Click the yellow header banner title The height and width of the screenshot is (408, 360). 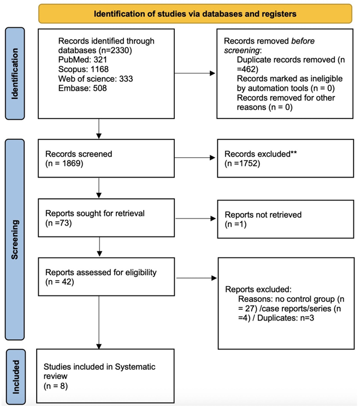[195, 14]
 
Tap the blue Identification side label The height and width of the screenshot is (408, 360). [15, 74]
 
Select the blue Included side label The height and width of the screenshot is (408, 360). [16, 377]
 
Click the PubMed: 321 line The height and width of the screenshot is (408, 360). [82, 60]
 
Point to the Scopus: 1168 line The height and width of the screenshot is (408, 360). [83, 69]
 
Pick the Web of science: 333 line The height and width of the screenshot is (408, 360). [96, 79]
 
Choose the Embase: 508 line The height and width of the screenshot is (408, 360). [82, 88]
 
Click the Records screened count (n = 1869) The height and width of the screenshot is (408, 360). [64, 163]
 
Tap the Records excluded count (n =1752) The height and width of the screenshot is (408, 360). [243, 163]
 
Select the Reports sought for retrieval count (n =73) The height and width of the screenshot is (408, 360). [58, 223]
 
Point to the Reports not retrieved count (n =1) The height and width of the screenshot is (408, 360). [235, 224]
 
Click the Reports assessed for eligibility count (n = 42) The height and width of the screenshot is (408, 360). [60, 282]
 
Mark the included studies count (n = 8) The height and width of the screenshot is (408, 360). [56, 386]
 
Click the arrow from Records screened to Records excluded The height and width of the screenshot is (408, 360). [194, 157]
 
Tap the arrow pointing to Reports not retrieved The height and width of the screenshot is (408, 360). [196, 218]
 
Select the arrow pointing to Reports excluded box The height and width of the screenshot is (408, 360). [197, 278]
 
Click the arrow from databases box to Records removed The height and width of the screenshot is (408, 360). [194, 73]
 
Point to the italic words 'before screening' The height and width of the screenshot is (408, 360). [269, 45]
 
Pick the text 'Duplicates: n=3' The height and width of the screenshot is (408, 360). [286, 318]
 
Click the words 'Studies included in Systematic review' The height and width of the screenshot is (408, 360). [99, 371]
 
